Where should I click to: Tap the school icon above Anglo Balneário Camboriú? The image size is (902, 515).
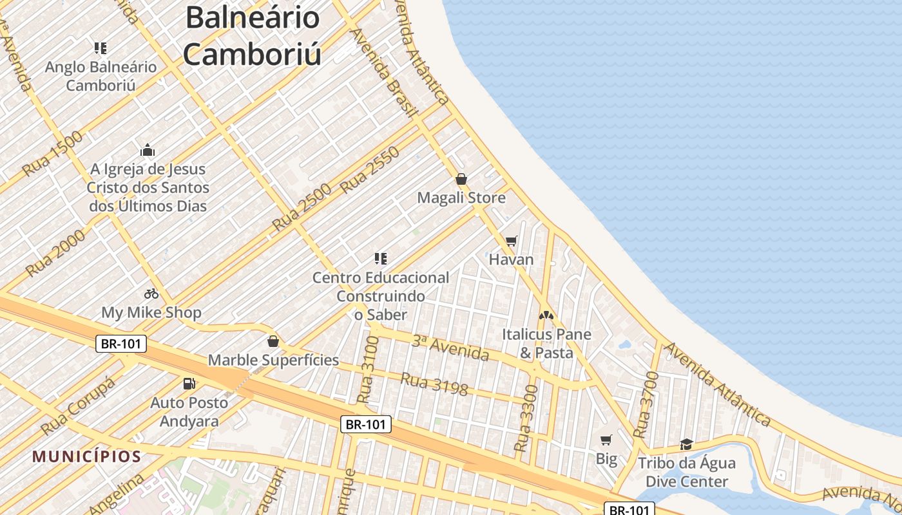(101, 48)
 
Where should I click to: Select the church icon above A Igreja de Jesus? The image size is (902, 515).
(148, 150)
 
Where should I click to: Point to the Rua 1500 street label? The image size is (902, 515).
(53, 154)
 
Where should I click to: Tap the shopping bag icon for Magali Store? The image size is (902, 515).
(461, 179)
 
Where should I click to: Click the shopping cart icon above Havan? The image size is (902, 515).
(512, 241)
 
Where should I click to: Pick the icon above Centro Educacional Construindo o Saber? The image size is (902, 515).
(380, 259)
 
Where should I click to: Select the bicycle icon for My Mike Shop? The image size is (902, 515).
(151, 294)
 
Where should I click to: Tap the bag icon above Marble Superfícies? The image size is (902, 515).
(273, 341)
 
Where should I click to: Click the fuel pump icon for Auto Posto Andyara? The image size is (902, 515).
(189, 384)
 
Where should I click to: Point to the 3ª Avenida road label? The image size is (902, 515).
(450, 348)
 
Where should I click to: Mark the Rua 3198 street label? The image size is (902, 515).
(434, 383)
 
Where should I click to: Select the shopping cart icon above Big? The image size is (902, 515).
(606, 440)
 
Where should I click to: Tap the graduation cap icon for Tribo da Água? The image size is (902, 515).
(686, 444)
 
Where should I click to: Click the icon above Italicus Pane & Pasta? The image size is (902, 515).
(546, 315)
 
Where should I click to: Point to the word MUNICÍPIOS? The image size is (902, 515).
(87, 457)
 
